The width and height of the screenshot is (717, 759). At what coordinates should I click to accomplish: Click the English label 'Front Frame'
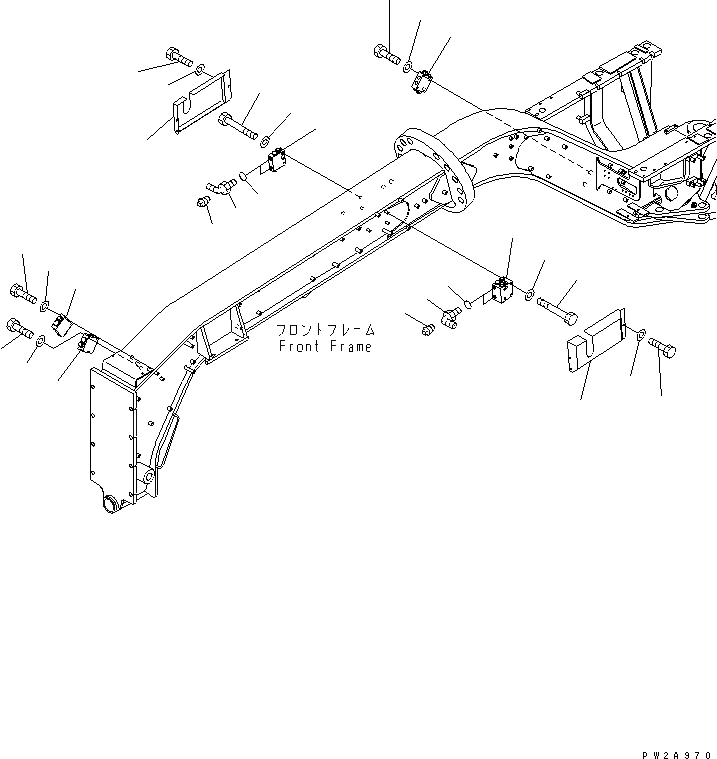325,347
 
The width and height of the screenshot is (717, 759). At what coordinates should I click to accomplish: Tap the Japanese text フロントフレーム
325,329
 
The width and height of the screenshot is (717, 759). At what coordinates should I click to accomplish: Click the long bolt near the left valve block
238,126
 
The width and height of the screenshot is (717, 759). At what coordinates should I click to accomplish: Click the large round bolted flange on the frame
434,174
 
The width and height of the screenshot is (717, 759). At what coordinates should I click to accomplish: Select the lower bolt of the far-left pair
20,326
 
